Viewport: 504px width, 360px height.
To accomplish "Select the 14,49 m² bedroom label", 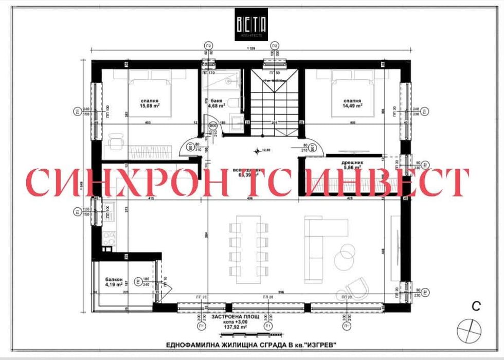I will (353, 104).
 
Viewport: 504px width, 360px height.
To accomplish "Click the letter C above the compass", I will (476, 307).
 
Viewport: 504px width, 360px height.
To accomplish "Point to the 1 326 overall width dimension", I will (251, 48).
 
